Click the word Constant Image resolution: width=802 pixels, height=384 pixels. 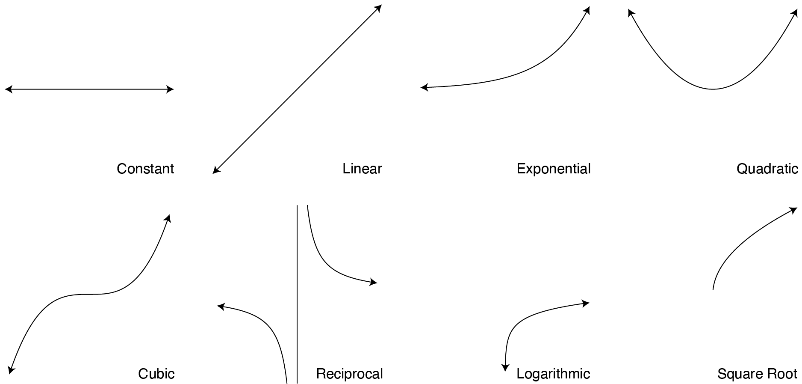145,169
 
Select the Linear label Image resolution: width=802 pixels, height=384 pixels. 362,169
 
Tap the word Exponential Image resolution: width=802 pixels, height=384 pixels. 554,169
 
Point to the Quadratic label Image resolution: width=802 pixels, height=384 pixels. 767,169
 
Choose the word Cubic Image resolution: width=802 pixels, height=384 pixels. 156,374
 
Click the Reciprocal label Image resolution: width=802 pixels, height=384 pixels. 349,374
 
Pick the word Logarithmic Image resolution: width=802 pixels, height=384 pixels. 553,374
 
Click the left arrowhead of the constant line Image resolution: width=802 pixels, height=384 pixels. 7,89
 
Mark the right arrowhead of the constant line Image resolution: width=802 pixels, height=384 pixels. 171,89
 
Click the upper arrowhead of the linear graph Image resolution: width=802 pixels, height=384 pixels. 379,7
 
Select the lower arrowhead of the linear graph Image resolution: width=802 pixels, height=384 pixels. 215,171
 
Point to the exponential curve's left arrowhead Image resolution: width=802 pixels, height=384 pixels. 423,87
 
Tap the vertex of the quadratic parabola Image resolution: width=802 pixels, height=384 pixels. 713,89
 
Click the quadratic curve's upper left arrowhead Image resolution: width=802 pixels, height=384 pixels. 630,12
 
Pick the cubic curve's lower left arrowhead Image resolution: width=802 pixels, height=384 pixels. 11,370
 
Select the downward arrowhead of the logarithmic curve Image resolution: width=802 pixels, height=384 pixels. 505,368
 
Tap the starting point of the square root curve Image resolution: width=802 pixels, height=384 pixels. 713,289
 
